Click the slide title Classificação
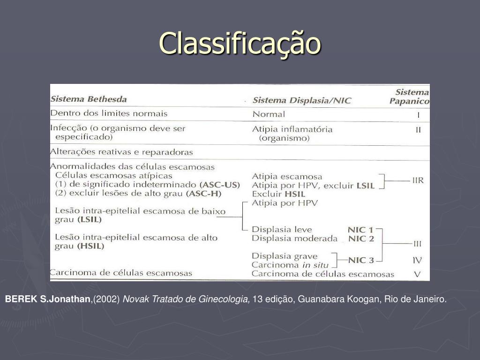pyautogui.click(x=240, y=43)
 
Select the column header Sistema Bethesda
pyautogui.click(x=89, y=99)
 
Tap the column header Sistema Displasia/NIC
pyautogui.click(x=301, y=100)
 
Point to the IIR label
pyautogui.click(x=418, y=180)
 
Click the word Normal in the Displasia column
pyautogui.click(x=269, y=114)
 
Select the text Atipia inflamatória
pyautogui.click(x=292, y=129)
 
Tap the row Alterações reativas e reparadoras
pyautogui.click(x=121, y=152)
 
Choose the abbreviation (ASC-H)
pyautogui.click(x=204, y=193)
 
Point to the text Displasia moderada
pyautogui.click(x=294, y=239)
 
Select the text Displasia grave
pyautogui.click(x=285, y=256)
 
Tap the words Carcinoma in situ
pyautogui.click(x=291, y=265)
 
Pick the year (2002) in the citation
pyautogui.click(x=107, y=299)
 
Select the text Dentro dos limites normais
pyautogui.click(x=109, y=113)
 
